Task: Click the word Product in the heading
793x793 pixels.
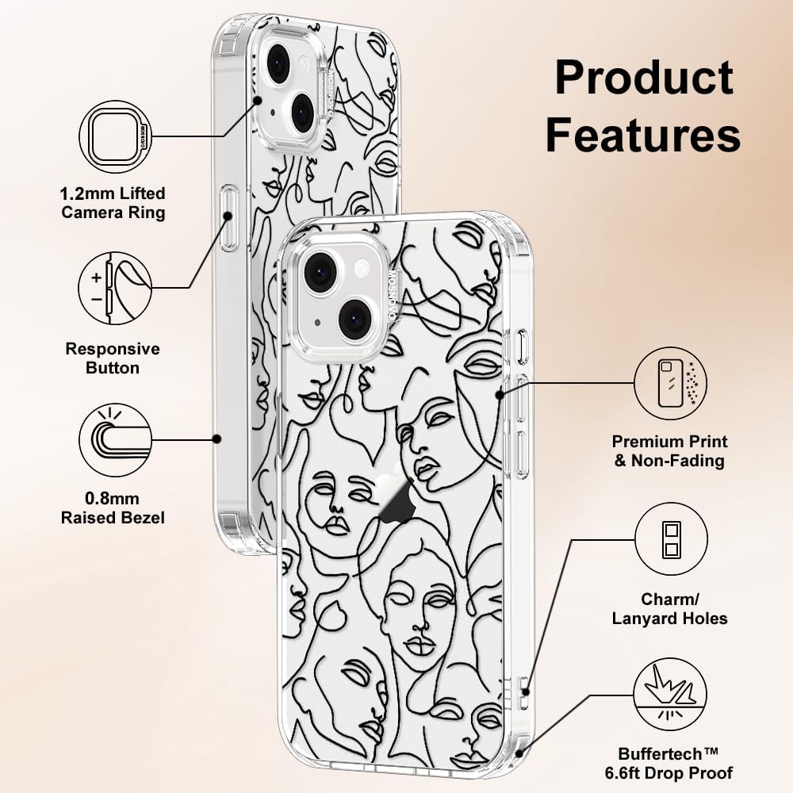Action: pyautogui.click(x=644, y=78)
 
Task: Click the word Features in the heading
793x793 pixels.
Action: pyautogui.click(x=643, y=134)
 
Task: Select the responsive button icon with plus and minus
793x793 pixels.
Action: pyautogui.click(x=115, y=289)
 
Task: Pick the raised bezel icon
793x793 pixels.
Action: pyautogui.click(x=115, y=439)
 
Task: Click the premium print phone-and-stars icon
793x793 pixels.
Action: pyautogui.click(x=671, y=383)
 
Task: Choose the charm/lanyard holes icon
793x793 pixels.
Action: pyautogui.click(x=671, y=538)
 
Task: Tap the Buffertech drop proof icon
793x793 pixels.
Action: pyautogui.click(x=671, y=695)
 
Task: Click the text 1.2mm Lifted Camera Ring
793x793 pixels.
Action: pyautogui.click(x=113, y=203)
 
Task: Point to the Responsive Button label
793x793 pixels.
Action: pyautogui.click(x=113, y=358)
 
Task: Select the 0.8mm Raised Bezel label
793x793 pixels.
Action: pyautogui.click(x=113, y=508)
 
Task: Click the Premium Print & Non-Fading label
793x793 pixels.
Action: pyautogui.click(x=669, y=451)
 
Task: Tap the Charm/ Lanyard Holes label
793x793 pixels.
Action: pyautogui.click(x=669, y=609)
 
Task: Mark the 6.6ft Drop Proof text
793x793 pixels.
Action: pyautogui.click(x=668, y=773)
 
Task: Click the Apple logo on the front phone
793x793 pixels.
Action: pyautogui.click(x=395, y=500)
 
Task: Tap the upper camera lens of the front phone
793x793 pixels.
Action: pyautogui.click(x=320, y=273)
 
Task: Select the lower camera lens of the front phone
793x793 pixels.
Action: pyautogui.click(x=354, y=320)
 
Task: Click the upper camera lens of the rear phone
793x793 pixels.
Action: pyautogui.click(x=278, y=65)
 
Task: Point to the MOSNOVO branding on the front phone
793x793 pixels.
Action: pyautogui.click(x=391, y=295)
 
